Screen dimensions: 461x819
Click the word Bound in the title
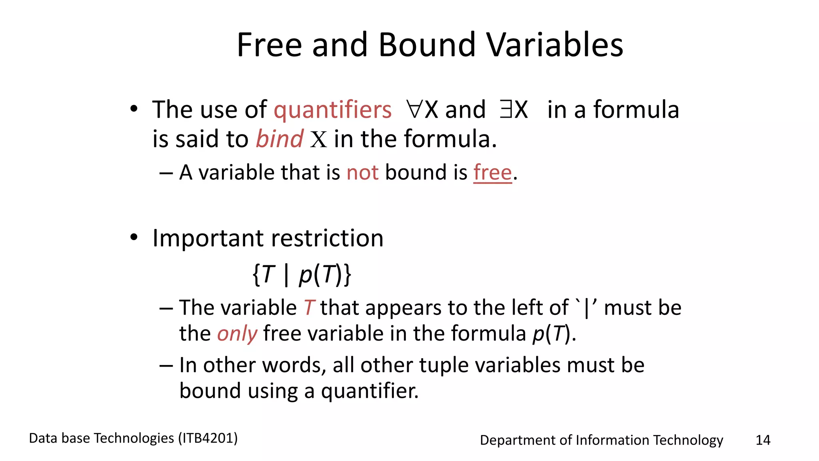coord(427,45)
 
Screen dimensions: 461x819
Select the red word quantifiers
coord(332,110)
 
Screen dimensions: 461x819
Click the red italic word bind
coord(279,139)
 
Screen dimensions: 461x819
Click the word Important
coord(208,239)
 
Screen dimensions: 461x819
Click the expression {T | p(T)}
coord(302,275)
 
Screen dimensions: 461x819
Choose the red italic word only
coord(237,333)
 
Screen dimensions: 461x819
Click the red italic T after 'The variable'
coord(309,308)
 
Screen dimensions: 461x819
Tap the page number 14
coord(763,440)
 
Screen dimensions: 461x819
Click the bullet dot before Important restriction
coord(134,238)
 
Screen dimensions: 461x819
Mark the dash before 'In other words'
coord(166,365)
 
